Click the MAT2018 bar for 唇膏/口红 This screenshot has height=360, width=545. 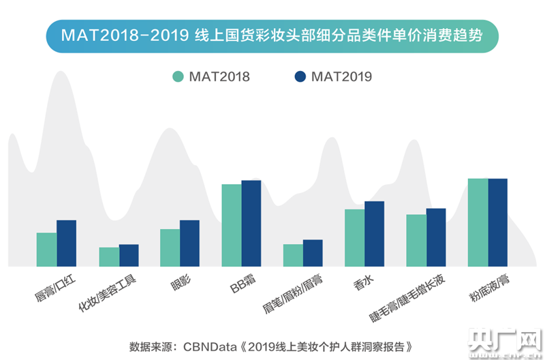46,250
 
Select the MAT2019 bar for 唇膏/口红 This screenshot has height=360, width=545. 66,243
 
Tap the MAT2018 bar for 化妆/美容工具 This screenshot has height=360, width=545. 109,257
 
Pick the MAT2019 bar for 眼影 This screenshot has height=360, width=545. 189,243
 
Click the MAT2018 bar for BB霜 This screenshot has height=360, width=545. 232,225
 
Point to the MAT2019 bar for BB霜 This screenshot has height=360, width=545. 251,223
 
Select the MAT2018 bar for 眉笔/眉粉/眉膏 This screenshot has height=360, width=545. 293,255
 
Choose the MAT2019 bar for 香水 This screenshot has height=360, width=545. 374,233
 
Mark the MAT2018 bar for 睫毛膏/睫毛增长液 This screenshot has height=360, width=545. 416,240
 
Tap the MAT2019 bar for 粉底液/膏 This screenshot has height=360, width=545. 498,222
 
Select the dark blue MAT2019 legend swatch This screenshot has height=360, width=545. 300,76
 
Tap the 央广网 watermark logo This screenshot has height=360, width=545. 507,339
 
